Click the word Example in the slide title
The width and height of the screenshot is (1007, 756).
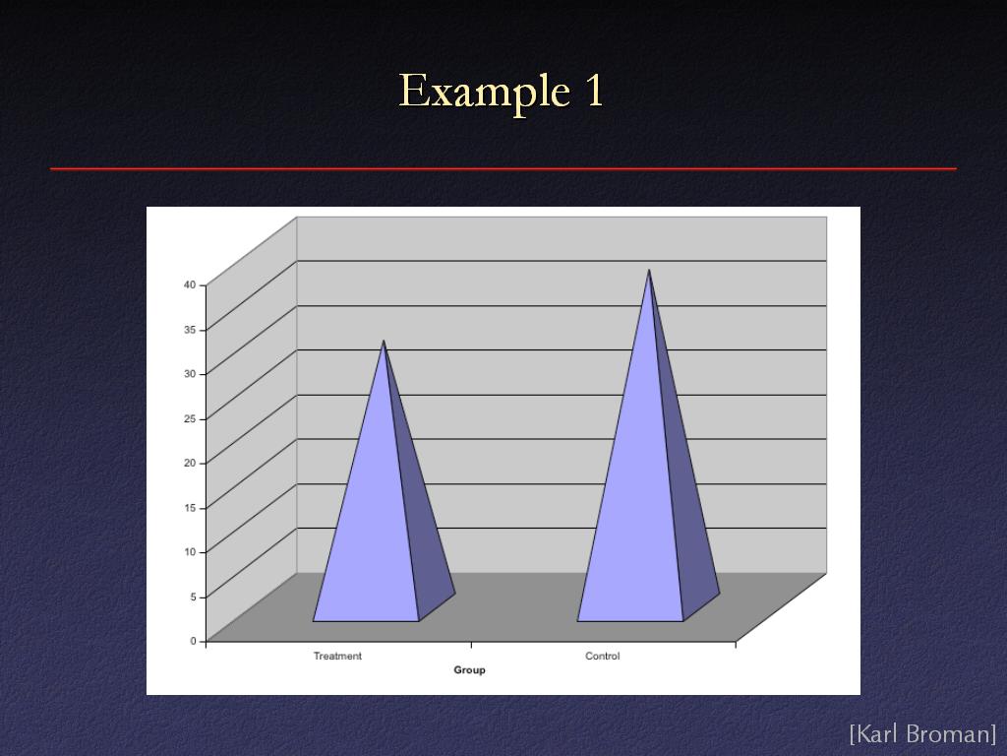coord(484,93)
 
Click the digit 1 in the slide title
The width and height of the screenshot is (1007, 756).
coord(594,90)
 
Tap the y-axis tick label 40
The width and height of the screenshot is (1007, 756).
coord(190,284)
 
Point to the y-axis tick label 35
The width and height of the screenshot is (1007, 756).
coord(190,330)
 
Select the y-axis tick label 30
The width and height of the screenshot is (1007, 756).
coord(190,373)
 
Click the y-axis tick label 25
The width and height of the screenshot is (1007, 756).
coord(190,418)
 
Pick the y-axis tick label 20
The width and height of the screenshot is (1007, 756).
coord(190,463)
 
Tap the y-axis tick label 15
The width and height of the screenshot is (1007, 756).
coord(190,508)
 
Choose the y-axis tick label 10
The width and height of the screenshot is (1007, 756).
coord(190,551)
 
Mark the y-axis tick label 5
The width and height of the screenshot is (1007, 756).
coord(193,597)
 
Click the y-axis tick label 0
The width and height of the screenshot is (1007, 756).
coord(193,640)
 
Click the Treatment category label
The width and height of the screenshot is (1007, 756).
coord(337,656)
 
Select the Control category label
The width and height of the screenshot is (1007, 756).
coord(603,656)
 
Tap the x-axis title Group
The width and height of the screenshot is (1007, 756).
coord(469,669)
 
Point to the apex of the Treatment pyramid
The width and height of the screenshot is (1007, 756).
coord(384,341)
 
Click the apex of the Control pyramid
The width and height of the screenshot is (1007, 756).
coord(649,270)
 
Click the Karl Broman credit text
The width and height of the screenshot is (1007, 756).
coord(922,733)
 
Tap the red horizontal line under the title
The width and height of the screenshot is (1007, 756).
coord(503,169)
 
